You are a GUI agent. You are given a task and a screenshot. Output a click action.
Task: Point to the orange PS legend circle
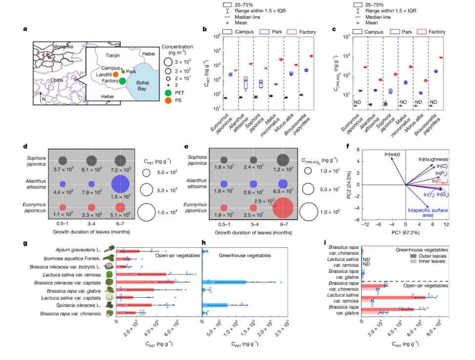click(169, 100)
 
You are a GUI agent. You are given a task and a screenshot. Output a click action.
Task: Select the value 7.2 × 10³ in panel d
click(120, 170)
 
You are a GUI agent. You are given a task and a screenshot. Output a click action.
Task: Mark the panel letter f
click(348, 146)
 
